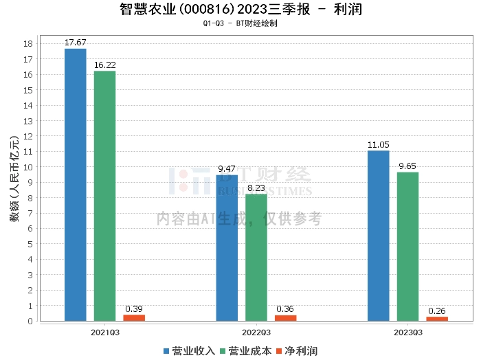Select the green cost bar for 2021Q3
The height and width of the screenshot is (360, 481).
[x=104, y=196]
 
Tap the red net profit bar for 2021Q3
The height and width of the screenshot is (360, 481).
[x=134, y=317]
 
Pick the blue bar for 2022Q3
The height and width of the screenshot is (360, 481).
[x=227, y=247]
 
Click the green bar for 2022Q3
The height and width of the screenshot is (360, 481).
[x=256, y=257]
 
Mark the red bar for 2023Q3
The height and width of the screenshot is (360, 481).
[x=437, y=319]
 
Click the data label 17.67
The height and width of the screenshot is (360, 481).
[x=75, y=43]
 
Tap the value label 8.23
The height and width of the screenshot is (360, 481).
[x=256, y=188]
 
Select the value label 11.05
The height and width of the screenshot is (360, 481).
[x=378, y=144]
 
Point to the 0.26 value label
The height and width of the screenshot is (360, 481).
[x=437, y=311]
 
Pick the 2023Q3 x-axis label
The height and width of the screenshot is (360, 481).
[x=407, y=331]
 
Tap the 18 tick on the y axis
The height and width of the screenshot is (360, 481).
[x=29, y=43]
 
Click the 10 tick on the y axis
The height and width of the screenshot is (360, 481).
[x=29, y=167]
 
